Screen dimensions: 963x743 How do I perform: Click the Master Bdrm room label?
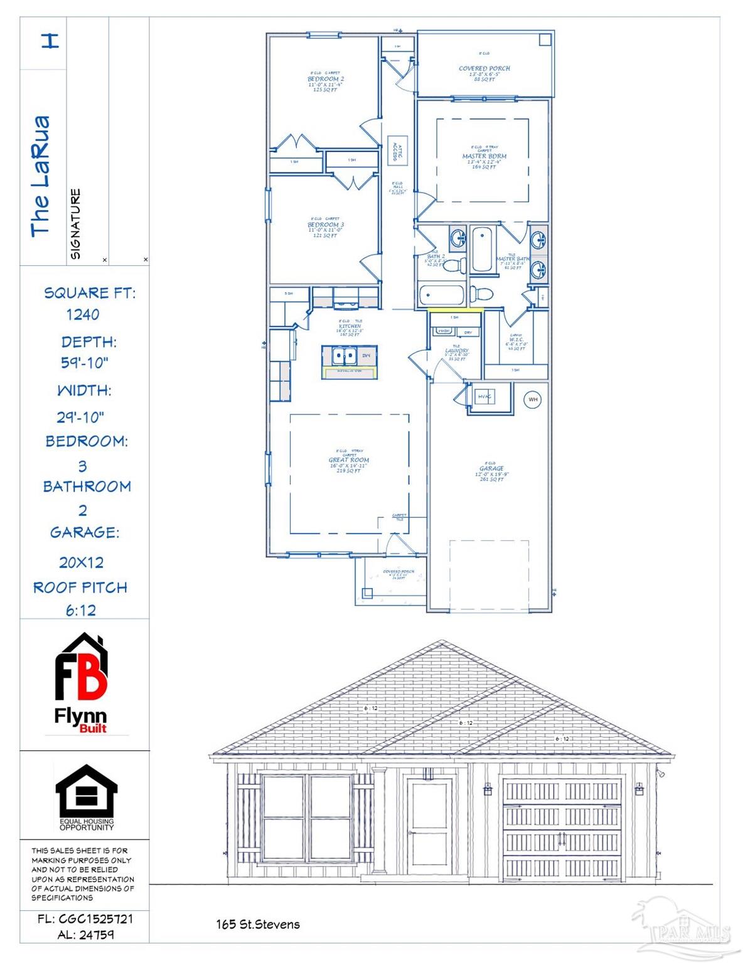coord(484,156)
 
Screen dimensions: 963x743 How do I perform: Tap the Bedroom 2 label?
coord(325,80)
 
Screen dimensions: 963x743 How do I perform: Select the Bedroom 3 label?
coord(325,224)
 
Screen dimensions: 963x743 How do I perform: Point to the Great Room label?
coord(349,460)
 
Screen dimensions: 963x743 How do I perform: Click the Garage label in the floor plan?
coord(491,468)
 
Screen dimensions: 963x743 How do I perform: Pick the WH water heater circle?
coord(532,399)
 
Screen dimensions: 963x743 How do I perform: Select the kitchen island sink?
coord(344,355)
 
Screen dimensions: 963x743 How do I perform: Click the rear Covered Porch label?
coord(484,68)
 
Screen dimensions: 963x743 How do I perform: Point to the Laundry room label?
coord(456,351)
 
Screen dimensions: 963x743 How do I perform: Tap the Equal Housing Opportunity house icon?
coord(87,791)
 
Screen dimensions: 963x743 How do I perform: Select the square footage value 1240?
coord(83,315)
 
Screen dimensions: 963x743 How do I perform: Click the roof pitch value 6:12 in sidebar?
coord(81,610)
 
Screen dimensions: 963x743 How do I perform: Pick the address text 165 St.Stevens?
coord(258,924)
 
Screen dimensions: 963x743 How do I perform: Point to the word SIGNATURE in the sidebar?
coord(75,224)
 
